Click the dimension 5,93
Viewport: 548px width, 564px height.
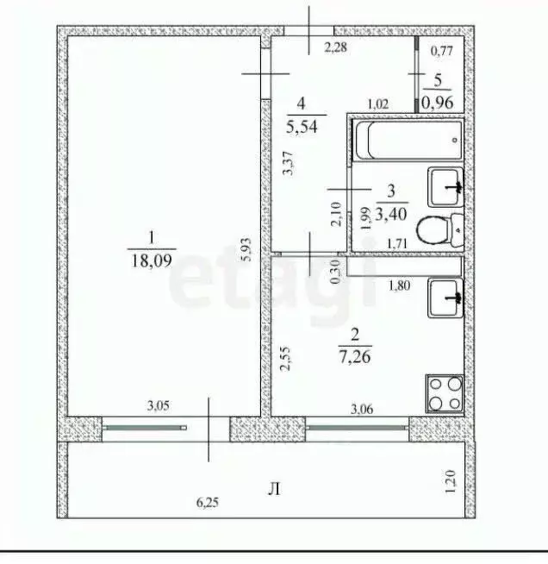[247, 249]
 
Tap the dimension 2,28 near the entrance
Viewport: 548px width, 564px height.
[335, 47]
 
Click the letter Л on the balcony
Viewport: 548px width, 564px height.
[274, 490]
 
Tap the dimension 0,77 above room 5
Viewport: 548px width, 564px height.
[441, 51]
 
